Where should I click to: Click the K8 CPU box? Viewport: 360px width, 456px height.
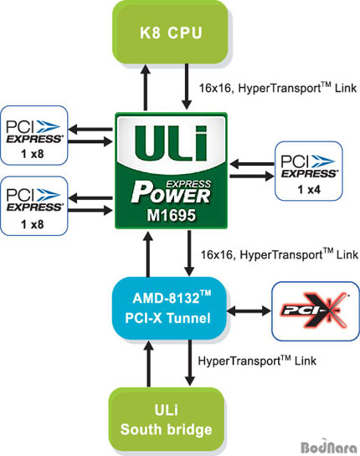(171, 33)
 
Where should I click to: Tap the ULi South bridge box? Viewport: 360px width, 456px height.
(167, 419)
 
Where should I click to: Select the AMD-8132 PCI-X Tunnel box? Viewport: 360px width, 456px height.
(169, 308)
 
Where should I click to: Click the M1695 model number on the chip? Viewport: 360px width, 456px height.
(171, 216)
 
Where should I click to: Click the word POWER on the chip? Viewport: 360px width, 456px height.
(171, 195)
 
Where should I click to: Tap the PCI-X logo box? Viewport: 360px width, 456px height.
(316, 311)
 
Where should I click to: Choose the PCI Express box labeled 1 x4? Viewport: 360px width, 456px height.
(309, 171)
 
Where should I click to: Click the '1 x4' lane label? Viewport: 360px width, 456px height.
(309, 190)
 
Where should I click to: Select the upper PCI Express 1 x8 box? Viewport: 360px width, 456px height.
(34, 136)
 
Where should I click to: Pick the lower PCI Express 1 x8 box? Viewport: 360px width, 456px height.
(34, 206)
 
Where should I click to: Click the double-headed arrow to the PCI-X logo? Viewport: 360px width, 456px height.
(249, 311)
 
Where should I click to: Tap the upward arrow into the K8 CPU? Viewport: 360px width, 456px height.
(146, 87)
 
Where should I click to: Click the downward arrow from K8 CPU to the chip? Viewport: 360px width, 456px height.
(187, 87)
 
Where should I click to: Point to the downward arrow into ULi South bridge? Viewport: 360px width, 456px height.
(190, 363)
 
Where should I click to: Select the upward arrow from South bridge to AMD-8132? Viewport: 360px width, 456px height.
(149, 364)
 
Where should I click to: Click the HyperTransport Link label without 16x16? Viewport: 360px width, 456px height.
(257, 361)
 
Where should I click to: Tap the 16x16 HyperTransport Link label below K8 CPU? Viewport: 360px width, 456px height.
(278, 88)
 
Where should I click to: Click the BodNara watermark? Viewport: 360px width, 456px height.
(328, 447)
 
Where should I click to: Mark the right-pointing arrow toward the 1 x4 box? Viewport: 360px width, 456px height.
(252, 176)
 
